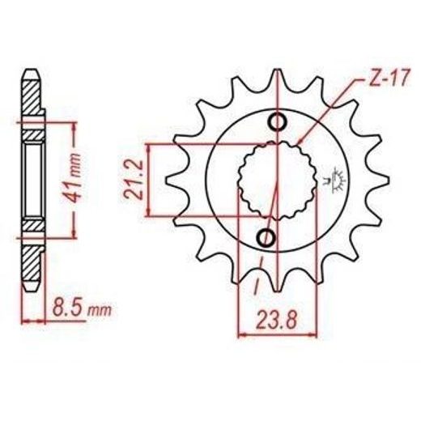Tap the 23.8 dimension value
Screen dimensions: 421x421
coord(277,320)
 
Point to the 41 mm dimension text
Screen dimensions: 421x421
coord(72,178)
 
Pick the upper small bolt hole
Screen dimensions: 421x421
coord(277,122)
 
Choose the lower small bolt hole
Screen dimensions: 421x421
coord(266,238)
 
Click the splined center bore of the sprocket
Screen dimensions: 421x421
coord(277,180)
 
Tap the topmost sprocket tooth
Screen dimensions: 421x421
coord(278,79)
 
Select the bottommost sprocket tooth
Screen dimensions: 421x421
coord(278,282)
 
